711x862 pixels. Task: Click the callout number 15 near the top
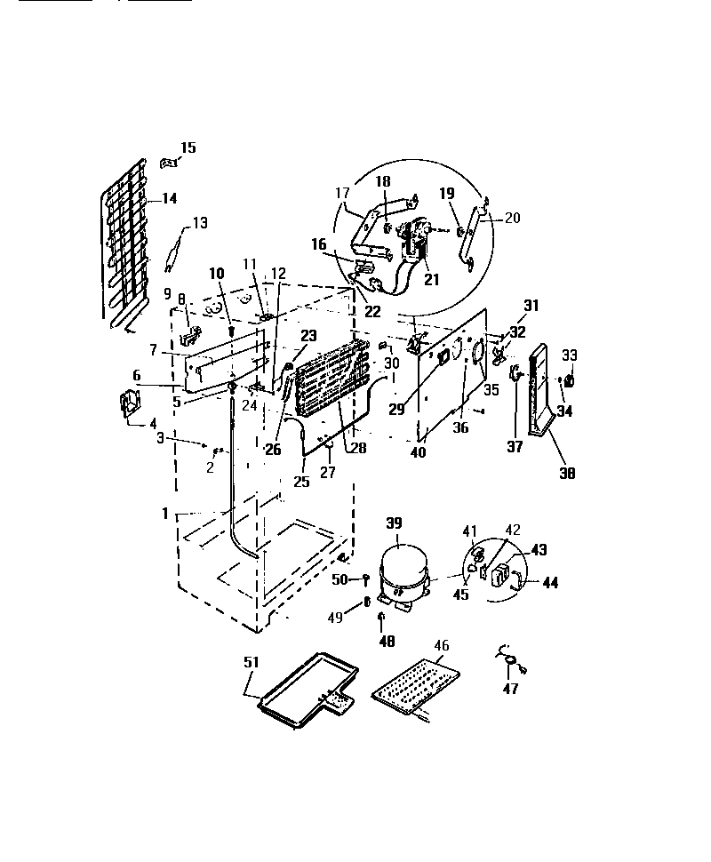click(x=188, y=148)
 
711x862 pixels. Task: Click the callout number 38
click(x=567, y=474)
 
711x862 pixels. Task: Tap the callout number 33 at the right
click(x=569, y=355)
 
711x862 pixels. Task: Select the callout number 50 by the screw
click(x=340, y=579)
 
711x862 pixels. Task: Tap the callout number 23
click(x=308, y=336)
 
